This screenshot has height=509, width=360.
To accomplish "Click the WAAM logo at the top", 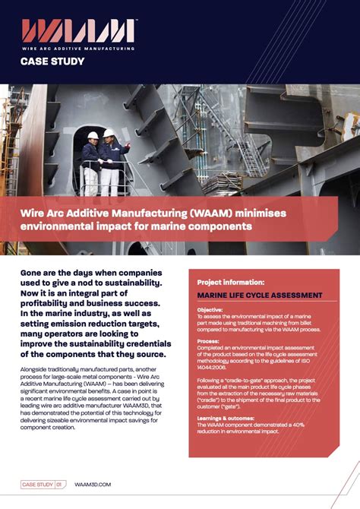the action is click(78, 31).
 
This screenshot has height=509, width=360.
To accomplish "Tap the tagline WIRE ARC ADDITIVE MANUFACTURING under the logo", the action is click(78, 49).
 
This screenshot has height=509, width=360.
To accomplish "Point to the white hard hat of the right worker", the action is click(109, 133).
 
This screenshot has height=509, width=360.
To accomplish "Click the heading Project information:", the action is click(230, 281).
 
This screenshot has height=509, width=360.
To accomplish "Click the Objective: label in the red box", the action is click(210, 310).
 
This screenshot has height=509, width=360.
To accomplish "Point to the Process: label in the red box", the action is click(209, 341).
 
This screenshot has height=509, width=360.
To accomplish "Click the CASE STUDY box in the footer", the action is click(37, 484).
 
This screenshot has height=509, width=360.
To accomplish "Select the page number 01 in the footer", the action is click(60, 484).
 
